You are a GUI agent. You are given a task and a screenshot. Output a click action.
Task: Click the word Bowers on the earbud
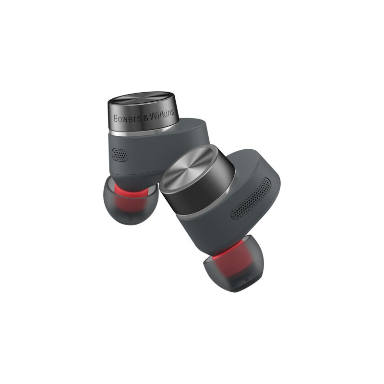coord(128,118)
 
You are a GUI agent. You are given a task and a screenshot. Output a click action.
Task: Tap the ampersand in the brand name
coord(146,118)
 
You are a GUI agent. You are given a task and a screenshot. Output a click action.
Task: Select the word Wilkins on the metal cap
coord(162,115)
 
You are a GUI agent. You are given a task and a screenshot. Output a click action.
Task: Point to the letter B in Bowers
coord(116,119)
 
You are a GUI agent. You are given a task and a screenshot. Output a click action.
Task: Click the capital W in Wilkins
coord(154,116)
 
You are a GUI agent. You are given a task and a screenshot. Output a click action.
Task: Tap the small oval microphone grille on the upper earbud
coord(120,155)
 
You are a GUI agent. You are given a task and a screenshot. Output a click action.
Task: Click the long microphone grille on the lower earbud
coord(251,198)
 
